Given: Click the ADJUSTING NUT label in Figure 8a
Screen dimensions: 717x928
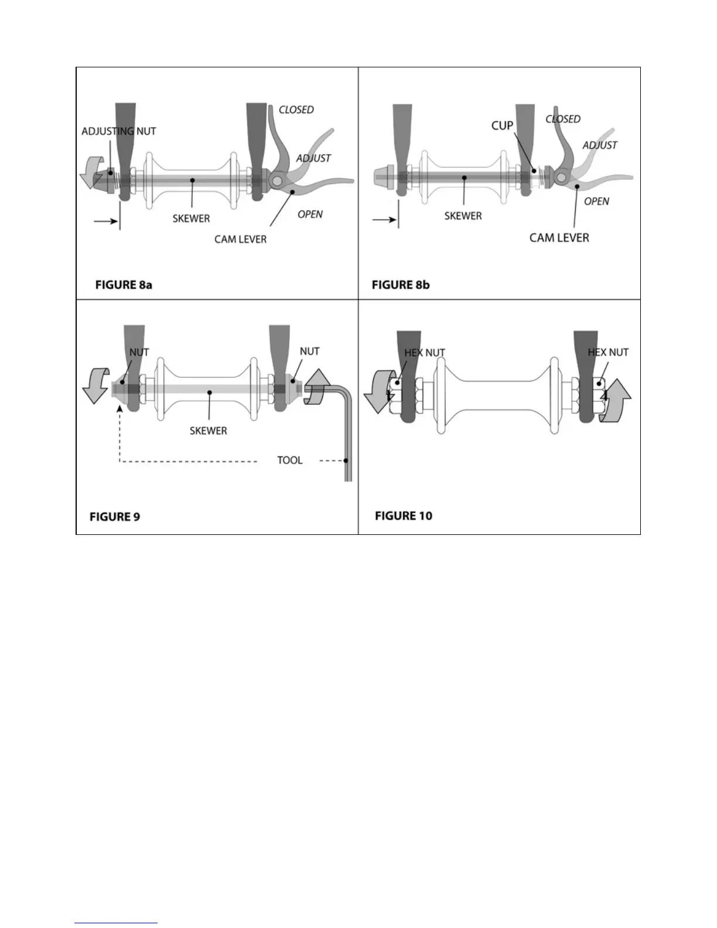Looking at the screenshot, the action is click(119, 131).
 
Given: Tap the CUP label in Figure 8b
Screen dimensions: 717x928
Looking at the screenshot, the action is click(502, 125).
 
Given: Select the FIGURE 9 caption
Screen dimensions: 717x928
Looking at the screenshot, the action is click(115, 517).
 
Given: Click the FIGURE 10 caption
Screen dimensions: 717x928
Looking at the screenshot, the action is click(403, 516).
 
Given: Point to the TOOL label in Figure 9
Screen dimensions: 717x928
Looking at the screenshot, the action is click(290, 460).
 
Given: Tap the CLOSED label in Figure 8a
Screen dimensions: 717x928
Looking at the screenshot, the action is click(296, 110).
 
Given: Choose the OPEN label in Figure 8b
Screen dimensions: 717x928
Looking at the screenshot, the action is click(596, 201).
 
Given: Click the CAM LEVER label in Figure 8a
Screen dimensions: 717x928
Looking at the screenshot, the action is click(240, 239).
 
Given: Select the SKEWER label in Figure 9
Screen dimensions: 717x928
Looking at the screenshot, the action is click(208, 431).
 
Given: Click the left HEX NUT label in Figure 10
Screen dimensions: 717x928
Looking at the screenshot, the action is click(425, 353).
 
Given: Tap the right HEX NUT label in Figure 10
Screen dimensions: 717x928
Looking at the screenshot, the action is click(608, 352).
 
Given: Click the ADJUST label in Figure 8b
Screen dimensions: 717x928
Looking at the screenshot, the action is click(599, 145).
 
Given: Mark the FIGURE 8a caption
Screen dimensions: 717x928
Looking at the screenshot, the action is click(124, 285).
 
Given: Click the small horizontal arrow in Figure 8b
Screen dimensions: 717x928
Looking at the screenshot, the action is click(383, 220).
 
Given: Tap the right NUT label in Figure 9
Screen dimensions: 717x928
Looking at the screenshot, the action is click(309, 351).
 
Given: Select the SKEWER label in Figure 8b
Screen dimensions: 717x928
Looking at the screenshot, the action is click(463, 216).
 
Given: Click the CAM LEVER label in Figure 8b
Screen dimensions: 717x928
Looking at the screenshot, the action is click(559, 237).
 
